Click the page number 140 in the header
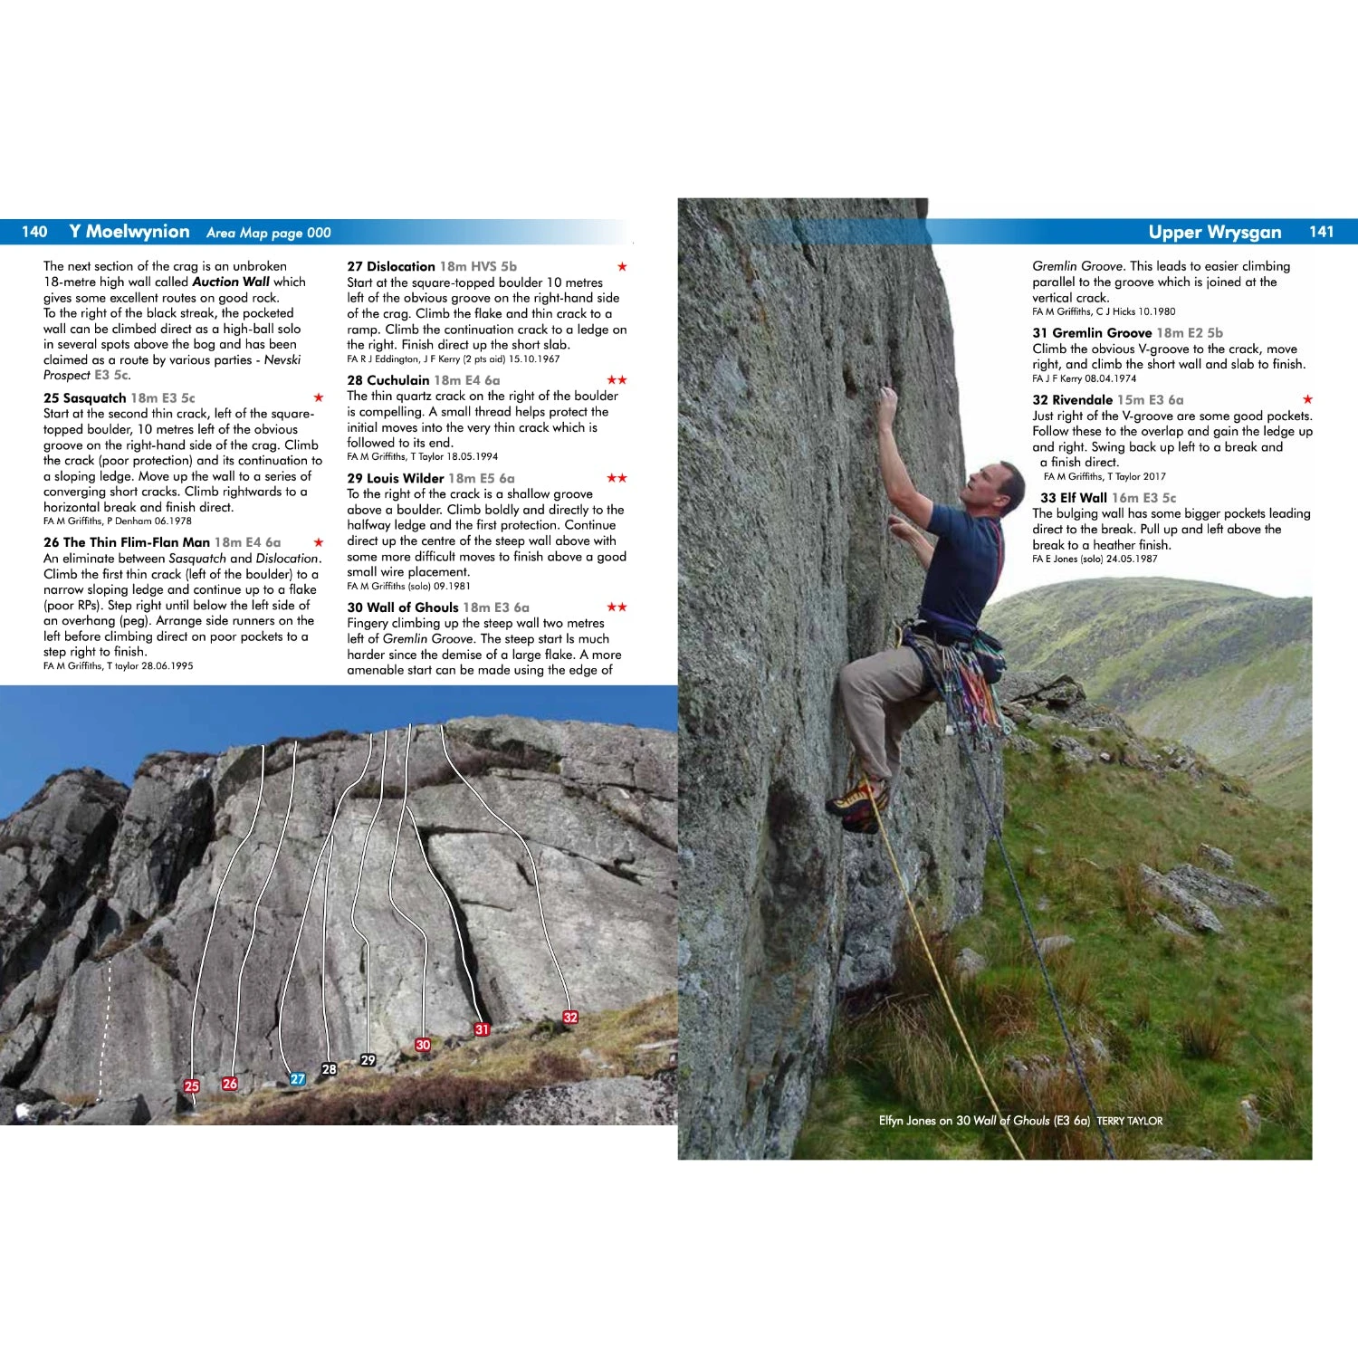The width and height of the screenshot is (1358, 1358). (x=34, y=232)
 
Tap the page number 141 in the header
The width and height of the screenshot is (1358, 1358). (x=1321, y=232)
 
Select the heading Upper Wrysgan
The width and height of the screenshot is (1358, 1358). (x=1214, y=232)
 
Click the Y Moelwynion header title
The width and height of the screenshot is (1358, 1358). (x=129, y=232)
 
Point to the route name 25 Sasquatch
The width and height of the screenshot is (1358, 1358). (x=85, y=398)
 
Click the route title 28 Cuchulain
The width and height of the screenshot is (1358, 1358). (x=388, y=380)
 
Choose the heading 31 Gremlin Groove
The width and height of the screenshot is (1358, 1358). (x=1092, y=333)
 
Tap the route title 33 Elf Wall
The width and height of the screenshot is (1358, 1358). (x=1074, y=498)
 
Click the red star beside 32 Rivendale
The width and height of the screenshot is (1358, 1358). (x=1307, y=399)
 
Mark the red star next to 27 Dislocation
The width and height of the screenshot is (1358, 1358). (x=622, y=267)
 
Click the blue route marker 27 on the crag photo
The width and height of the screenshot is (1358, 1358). (x=297, y=1079)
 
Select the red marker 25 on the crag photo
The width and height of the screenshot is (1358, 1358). (x=191, y=1086)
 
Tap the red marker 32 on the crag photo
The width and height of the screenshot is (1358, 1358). (x=570, y=1017)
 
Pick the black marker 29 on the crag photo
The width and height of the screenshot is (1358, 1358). (x=368, y=1060)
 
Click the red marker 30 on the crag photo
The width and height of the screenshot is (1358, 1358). (x=423, y=1045)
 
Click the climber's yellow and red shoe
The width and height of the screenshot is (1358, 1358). (x=856, y=802)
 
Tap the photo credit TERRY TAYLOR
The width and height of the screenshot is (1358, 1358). (x=1129, y=1121)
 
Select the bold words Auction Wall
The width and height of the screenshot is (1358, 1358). (x=231, y=282)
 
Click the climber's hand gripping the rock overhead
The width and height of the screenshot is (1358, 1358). (x=885, y=397)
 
